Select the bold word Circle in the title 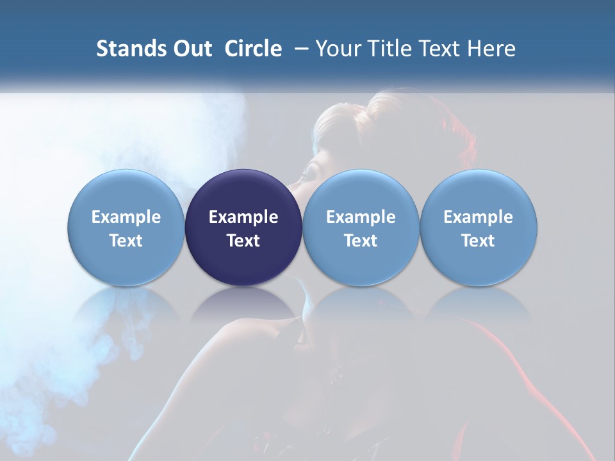(x=253, y=49)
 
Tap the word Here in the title (x=491, y=49)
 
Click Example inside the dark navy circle (x=243, y=217)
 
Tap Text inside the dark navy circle (x=243, y=241)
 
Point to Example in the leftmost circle (x=126, y=217)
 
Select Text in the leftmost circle (x=126, y=241)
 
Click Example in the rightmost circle (x=479, y=217)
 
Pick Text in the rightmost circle (x=479, y=241)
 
